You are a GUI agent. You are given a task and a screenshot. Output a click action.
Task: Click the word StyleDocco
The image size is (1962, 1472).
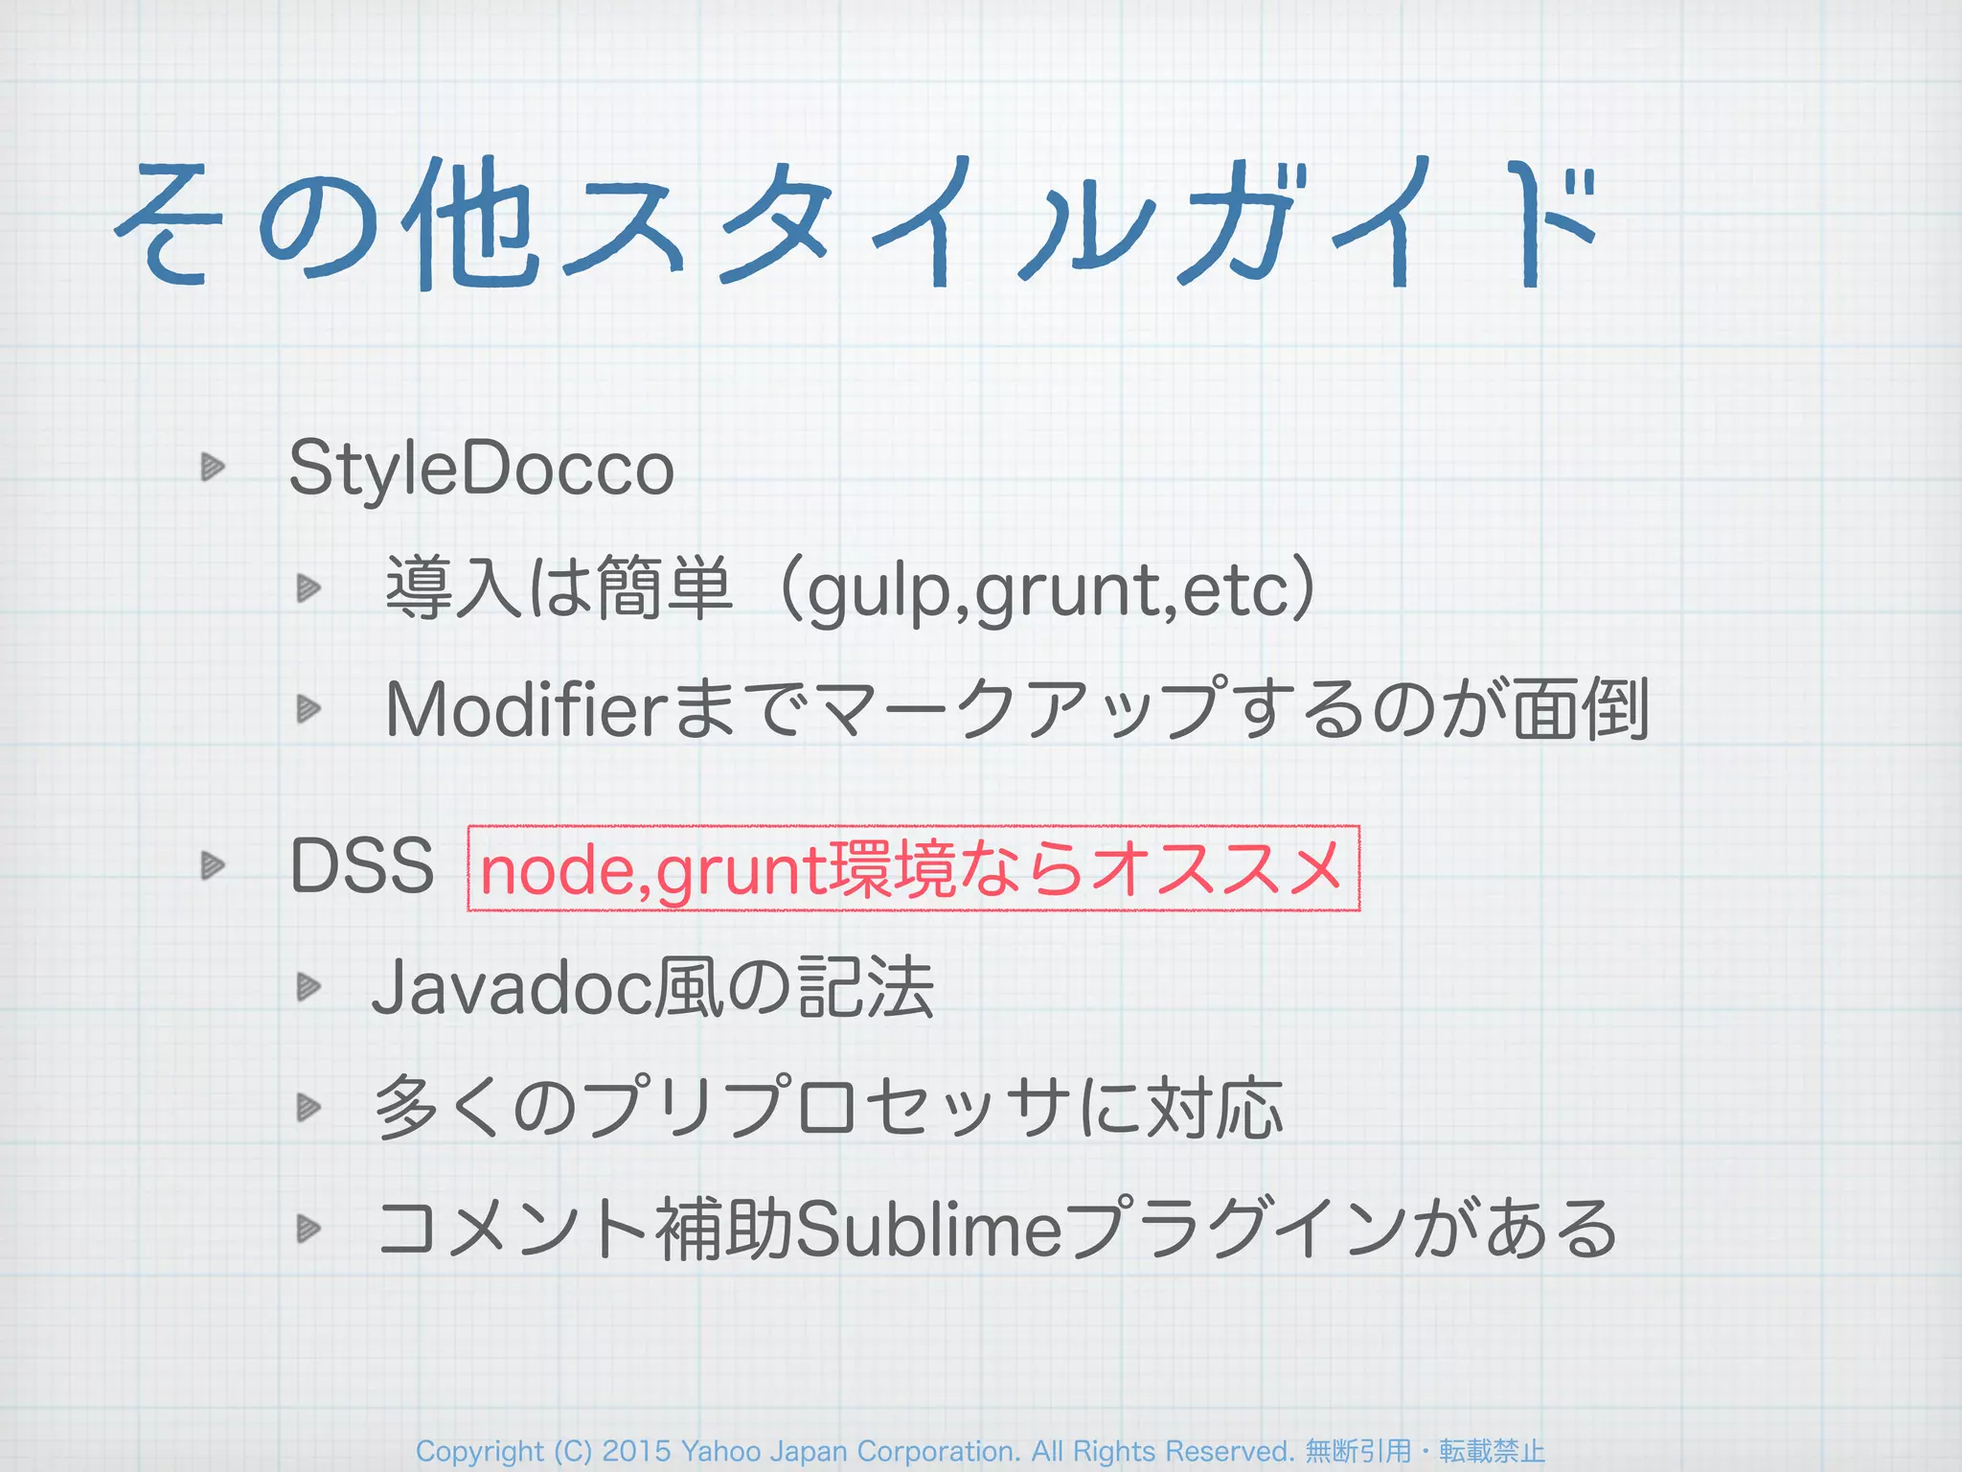click(481, 470)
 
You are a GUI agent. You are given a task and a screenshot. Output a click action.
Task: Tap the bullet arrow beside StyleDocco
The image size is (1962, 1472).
click(212, 468)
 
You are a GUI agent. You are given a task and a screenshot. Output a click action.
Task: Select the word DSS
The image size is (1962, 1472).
click(362, 866)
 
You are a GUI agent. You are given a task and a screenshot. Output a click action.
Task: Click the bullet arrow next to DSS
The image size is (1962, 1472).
click(212, 866)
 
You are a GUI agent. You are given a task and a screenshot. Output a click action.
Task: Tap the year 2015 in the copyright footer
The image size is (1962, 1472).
click(636, 1451)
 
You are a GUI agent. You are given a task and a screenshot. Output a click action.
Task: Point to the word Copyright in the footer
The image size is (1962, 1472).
click(479, 1451)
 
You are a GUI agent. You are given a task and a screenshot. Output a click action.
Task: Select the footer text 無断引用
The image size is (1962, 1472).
click(1358, 1451)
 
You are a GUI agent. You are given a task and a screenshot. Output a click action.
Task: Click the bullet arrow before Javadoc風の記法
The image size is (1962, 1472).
click(308, 986)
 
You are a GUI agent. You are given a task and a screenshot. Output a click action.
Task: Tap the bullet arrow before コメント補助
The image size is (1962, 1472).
click(308, 1228)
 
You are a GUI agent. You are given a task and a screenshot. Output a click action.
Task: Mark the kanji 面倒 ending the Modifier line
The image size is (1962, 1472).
click(1581, 710)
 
